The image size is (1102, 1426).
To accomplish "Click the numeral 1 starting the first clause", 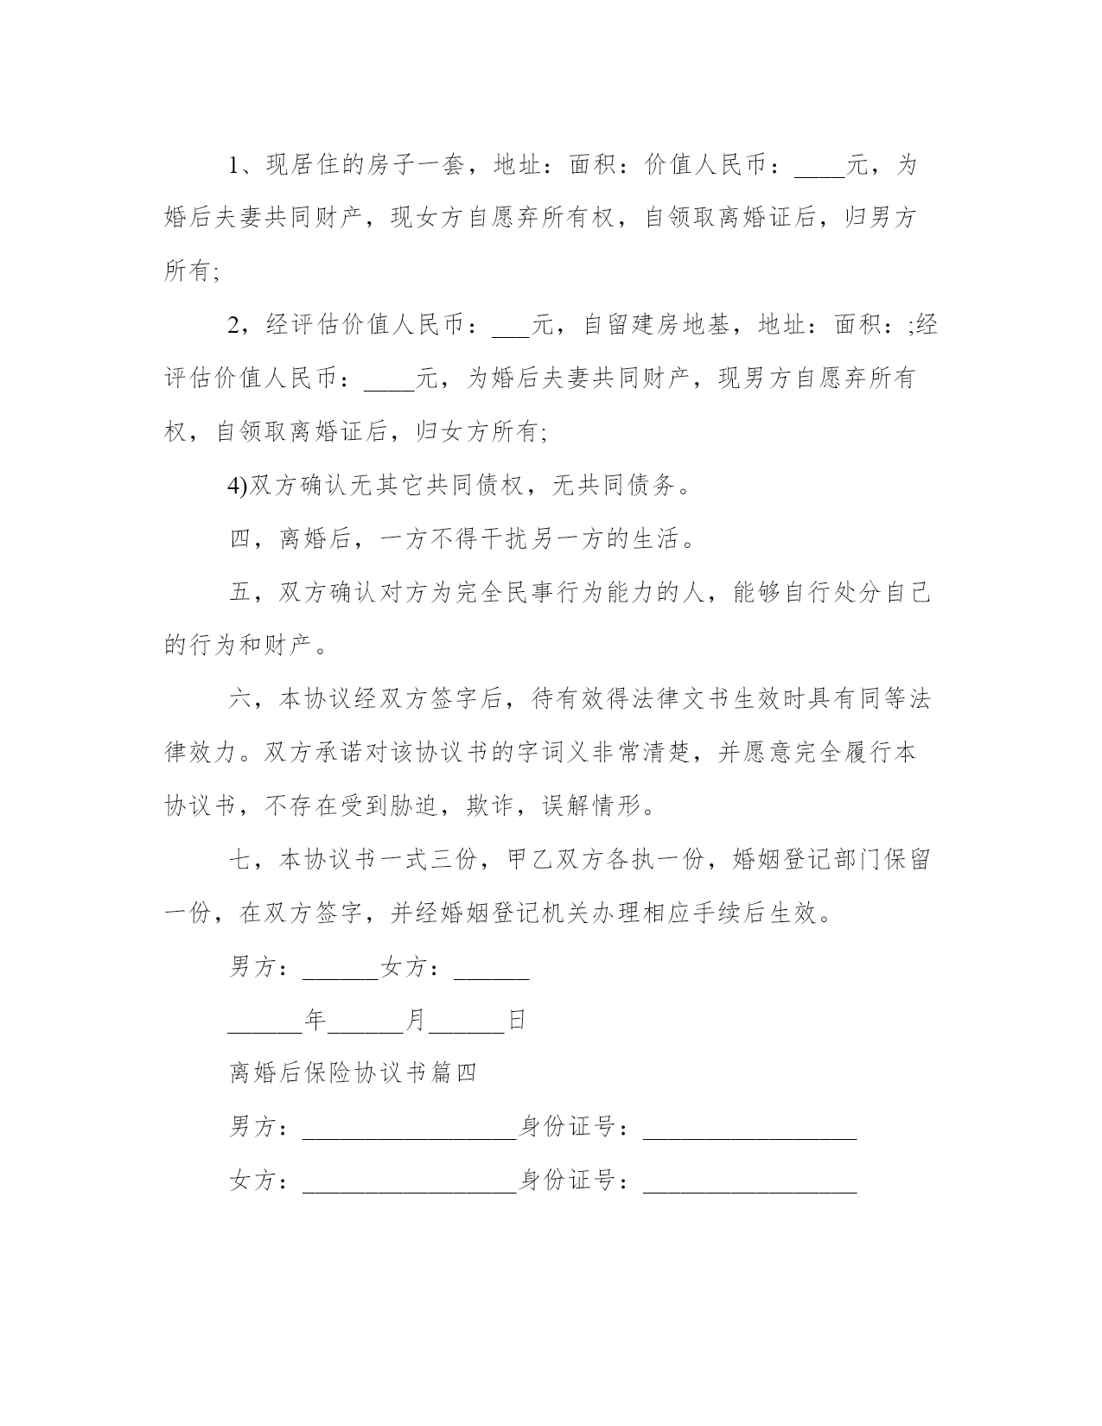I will [x=234, y=165].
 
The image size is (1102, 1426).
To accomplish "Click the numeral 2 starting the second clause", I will [x=234, y=326].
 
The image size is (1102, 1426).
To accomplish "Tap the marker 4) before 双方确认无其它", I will [x=238, y=487].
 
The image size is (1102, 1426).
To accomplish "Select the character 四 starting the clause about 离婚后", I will [x=239, y=540].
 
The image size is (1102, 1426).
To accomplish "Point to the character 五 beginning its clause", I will [x=239, y=594].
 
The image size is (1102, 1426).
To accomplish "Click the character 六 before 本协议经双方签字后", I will [x=239, y=699].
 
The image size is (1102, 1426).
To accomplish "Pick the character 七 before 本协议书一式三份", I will [x=239, y=860].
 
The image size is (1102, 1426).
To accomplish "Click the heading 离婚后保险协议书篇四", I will [x=353, y=1073].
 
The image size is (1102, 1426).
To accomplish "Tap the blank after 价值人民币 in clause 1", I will [x=819, y=171].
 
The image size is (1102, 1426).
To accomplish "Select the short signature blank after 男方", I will [x=341, y=974].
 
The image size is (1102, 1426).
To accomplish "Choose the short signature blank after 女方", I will [x=491, y=974].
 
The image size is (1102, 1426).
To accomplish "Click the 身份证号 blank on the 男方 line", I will [x=749, y=1134].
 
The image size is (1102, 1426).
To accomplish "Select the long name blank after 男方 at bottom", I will [x=409, y=1134].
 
